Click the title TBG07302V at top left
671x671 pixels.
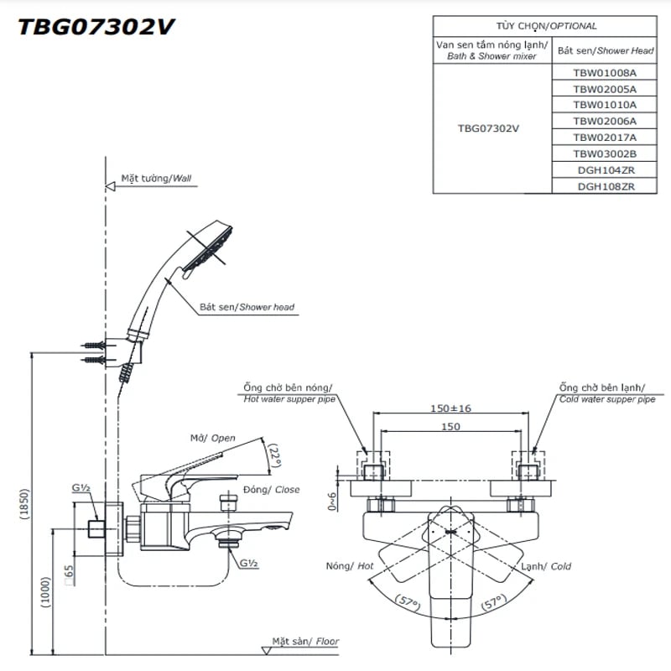[96, 28]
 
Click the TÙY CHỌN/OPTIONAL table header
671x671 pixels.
[552, 26]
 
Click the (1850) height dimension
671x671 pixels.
[25, 503]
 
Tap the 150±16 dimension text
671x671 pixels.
[450, 408]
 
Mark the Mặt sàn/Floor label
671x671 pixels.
[305, 642]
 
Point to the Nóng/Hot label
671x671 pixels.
[350, 566]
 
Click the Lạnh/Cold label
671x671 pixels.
[549, 566]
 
